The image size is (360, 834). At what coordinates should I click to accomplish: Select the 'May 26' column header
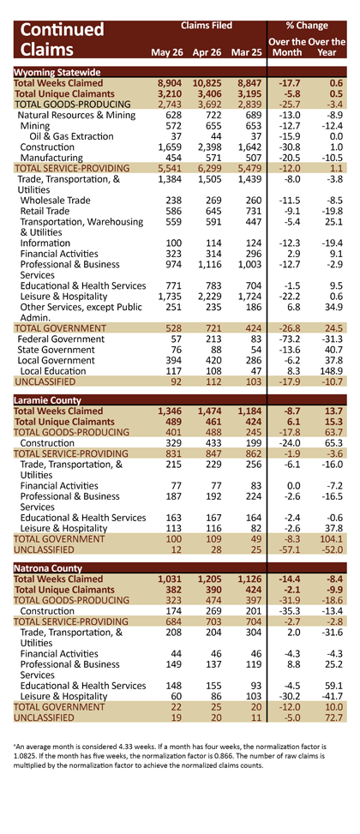point(167,52)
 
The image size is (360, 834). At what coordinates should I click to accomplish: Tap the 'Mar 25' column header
point(247,52)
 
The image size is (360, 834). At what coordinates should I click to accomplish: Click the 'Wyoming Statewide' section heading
point(57,72)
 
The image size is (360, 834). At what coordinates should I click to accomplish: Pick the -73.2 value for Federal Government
point(291,339)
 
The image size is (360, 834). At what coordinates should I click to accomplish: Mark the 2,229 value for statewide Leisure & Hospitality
point(209,297)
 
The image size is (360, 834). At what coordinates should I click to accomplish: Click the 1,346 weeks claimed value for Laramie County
point(171,411)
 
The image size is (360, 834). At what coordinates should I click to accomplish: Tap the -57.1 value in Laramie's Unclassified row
point(291,549)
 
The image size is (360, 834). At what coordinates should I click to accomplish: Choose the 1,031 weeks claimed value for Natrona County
point(171,579)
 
